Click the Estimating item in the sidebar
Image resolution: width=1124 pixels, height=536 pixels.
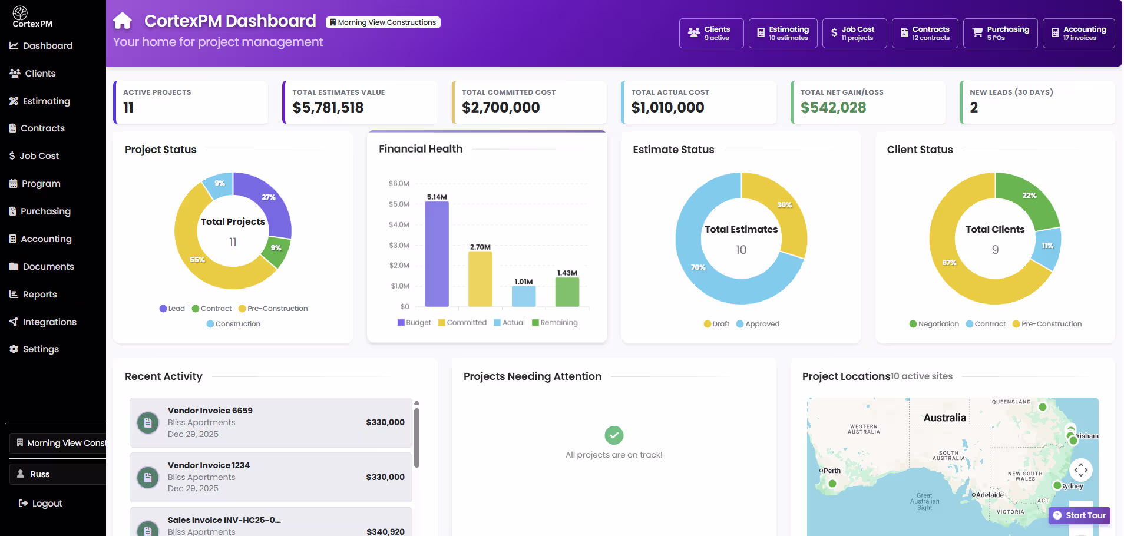point(46,101)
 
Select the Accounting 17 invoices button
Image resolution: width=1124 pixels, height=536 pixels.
point(1078,33)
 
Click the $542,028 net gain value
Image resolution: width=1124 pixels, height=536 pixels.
point(833,108)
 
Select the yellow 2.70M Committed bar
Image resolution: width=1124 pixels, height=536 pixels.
point(480,279)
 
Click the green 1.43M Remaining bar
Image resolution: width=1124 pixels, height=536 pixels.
point(567,292)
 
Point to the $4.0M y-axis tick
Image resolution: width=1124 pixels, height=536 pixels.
point(399,225)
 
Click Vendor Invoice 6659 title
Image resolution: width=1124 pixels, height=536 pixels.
point(210,411)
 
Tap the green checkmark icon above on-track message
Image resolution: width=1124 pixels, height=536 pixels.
point(614,435)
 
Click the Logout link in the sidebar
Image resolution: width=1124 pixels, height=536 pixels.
point(47,504)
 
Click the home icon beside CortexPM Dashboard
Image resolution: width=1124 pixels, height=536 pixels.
point(123,21)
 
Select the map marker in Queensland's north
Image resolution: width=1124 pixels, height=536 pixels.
point(1042,407)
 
